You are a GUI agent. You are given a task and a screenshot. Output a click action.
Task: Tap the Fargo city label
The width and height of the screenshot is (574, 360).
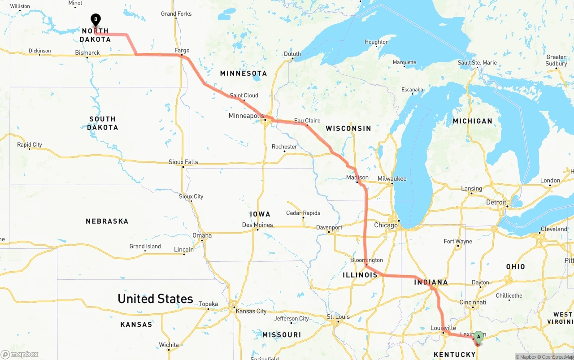[182, 50]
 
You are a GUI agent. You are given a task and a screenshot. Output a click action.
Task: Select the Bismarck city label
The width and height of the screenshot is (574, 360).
[87, 52]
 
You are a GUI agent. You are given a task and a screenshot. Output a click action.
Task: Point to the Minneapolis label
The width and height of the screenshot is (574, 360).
[246, 116]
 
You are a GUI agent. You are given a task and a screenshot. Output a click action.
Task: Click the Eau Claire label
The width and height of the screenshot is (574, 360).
[307, 120]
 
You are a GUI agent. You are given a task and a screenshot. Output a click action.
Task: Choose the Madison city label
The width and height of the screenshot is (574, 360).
[357, 177]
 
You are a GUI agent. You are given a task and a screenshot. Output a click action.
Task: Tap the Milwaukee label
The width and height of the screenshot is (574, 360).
[392, 178]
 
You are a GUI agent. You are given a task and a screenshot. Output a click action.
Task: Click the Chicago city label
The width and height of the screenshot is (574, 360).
[386, 225]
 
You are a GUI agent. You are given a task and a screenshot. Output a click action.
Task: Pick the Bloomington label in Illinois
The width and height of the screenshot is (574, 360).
[366, 260]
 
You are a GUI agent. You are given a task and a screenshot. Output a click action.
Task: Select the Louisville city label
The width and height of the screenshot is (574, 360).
[443, 328]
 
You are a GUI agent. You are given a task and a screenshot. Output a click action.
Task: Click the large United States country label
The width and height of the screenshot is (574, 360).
[155, 299]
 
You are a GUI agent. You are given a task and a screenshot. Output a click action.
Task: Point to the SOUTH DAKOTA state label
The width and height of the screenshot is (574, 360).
[102, 123]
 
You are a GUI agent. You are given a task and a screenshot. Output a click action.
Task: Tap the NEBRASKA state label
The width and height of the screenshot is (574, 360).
[107, 221]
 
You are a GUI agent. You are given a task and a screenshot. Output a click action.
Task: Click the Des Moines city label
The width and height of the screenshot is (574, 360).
[257, 225]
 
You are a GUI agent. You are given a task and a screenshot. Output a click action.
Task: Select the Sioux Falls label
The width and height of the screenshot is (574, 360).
[183, 162]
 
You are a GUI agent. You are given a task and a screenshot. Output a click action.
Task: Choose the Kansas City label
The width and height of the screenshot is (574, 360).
[251, 311]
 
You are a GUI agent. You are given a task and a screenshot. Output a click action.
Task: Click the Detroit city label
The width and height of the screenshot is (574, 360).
[496, 202]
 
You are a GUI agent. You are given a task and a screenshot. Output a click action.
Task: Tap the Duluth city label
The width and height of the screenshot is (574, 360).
[292, 54]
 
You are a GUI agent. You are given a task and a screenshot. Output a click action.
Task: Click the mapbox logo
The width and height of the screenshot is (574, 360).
[20, 354]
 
